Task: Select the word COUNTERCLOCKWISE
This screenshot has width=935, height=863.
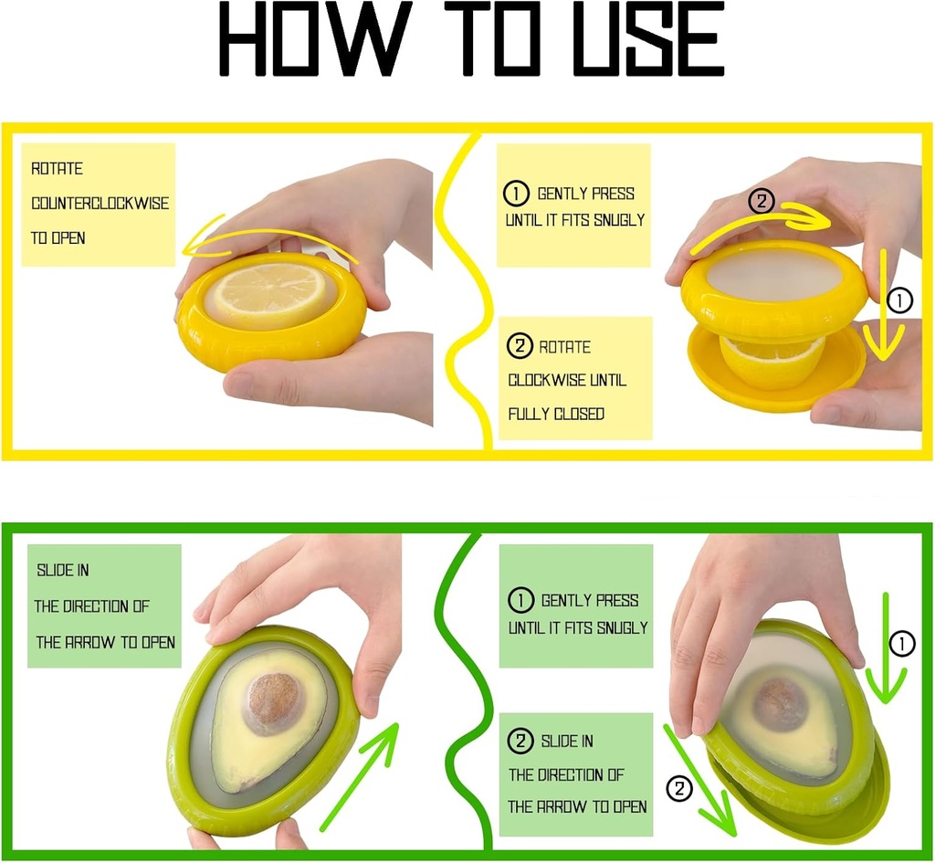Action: point(100,203)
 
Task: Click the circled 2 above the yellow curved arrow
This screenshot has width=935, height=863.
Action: point(762,201)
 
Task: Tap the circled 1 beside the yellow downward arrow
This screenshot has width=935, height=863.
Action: point(900,300)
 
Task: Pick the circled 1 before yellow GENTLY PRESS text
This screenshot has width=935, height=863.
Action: point(517,194)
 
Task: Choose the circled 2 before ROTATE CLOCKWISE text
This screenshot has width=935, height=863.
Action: point(520,347)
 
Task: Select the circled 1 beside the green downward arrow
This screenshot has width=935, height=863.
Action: point(901,645)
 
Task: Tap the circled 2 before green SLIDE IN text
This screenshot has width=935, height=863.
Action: point(520,742)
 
